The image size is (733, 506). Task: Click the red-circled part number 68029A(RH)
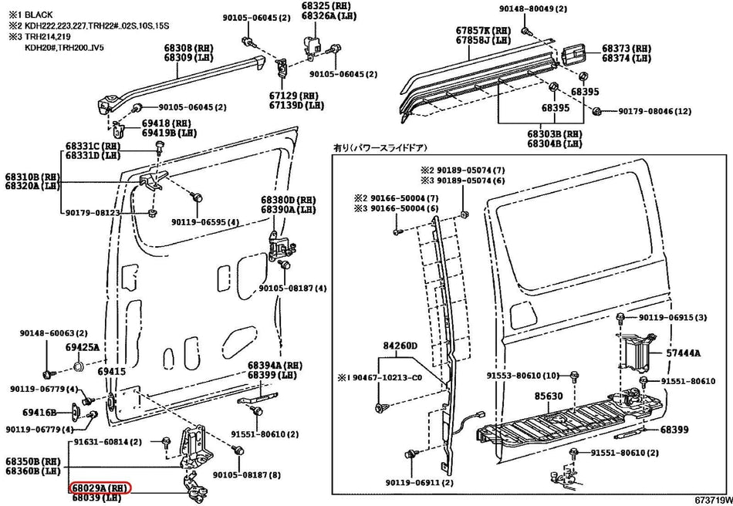coord(100,488)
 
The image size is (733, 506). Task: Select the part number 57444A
coord(684,353)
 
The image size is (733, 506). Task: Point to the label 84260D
coord(400,345)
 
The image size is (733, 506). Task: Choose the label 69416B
coord(39,413)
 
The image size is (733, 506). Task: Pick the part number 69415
coord(111,372)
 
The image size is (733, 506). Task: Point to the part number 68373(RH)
coord(626,48)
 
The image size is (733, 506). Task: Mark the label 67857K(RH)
coord(482,30)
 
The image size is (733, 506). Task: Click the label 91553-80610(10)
coord(522,375)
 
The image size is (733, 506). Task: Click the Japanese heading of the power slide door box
coord(380,147)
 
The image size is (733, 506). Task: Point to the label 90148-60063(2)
coord(48,333)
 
